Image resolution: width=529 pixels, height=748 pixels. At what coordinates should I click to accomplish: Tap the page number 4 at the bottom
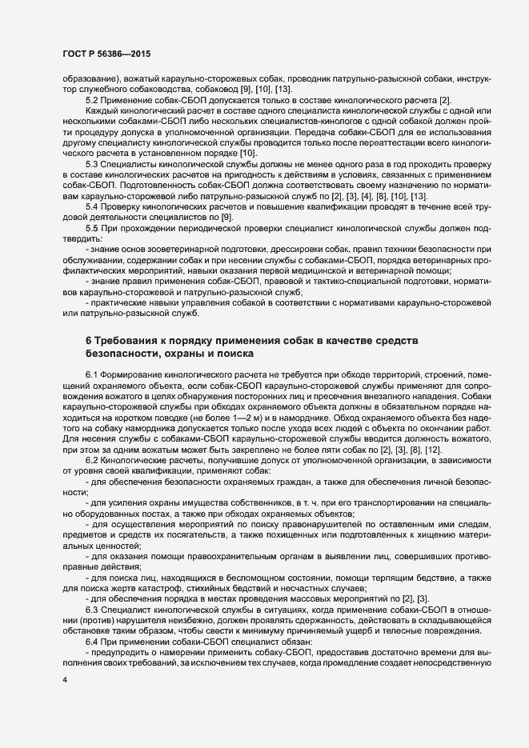click(x=64, y=702)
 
